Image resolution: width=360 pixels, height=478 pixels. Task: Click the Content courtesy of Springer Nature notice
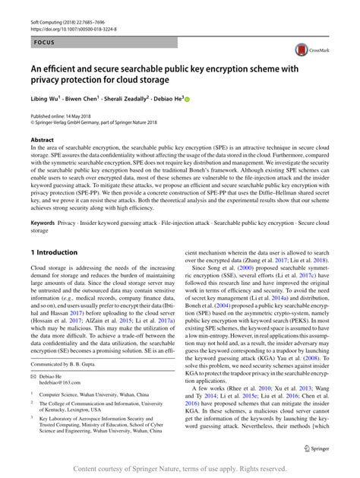[x=179, y=468]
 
